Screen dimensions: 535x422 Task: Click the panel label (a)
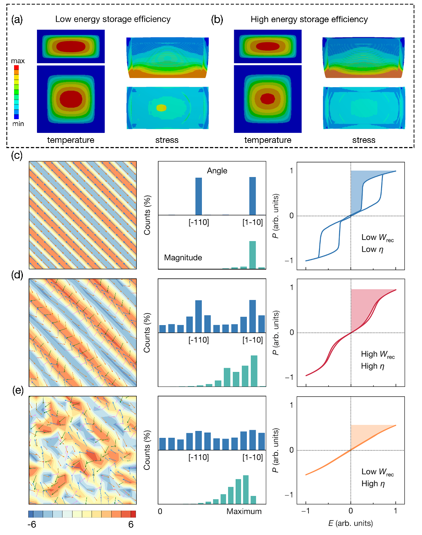point(17,19)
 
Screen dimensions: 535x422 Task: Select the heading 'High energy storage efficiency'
point(309,19)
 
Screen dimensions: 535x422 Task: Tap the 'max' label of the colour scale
point(18,61)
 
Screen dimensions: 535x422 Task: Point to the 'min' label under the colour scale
point(18,124)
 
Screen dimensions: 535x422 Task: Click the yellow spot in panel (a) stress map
point(161,108)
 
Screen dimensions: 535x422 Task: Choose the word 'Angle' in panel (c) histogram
point(217,171)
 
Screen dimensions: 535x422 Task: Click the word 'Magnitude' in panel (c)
point(183,257)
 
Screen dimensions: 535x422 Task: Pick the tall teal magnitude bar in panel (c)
point(253,254)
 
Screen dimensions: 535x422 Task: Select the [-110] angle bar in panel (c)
point(198,196)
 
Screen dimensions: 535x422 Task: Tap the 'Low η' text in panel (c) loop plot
point(372,249)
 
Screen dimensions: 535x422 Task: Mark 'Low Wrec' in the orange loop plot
point(377,472)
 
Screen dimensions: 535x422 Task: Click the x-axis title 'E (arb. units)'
point(350,523)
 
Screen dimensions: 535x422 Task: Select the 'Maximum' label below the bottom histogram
point(244,511)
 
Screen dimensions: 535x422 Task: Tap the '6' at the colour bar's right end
point(131,524)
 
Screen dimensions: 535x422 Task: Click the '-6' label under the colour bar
point(32,524)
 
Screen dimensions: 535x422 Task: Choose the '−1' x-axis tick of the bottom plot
point(305,511)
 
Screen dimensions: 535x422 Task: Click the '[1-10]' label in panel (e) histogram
point(253,457)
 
